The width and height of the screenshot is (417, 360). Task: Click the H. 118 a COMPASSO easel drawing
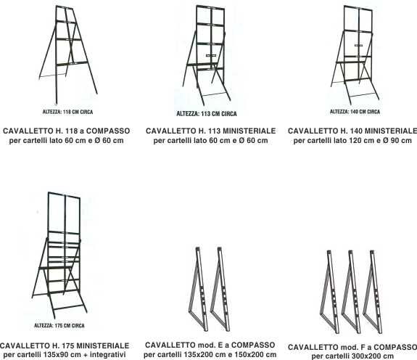57,53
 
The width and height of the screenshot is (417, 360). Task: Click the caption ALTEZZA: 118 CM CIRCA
68,112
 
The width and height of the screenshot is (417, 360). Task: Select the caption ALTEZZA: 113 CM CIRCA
207,114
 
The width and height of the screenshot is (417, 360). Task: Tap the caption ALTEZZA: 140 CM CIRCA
355,112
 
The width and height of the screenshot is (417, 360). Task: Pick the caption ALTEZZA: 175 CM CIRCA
59,325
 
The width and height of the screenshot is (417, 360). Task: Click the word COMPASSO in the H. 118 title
108,131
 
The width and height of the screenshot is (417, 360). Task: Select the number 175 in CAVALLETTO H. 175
67,346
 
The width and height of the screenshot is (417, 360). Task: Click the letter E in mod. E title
220,345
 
